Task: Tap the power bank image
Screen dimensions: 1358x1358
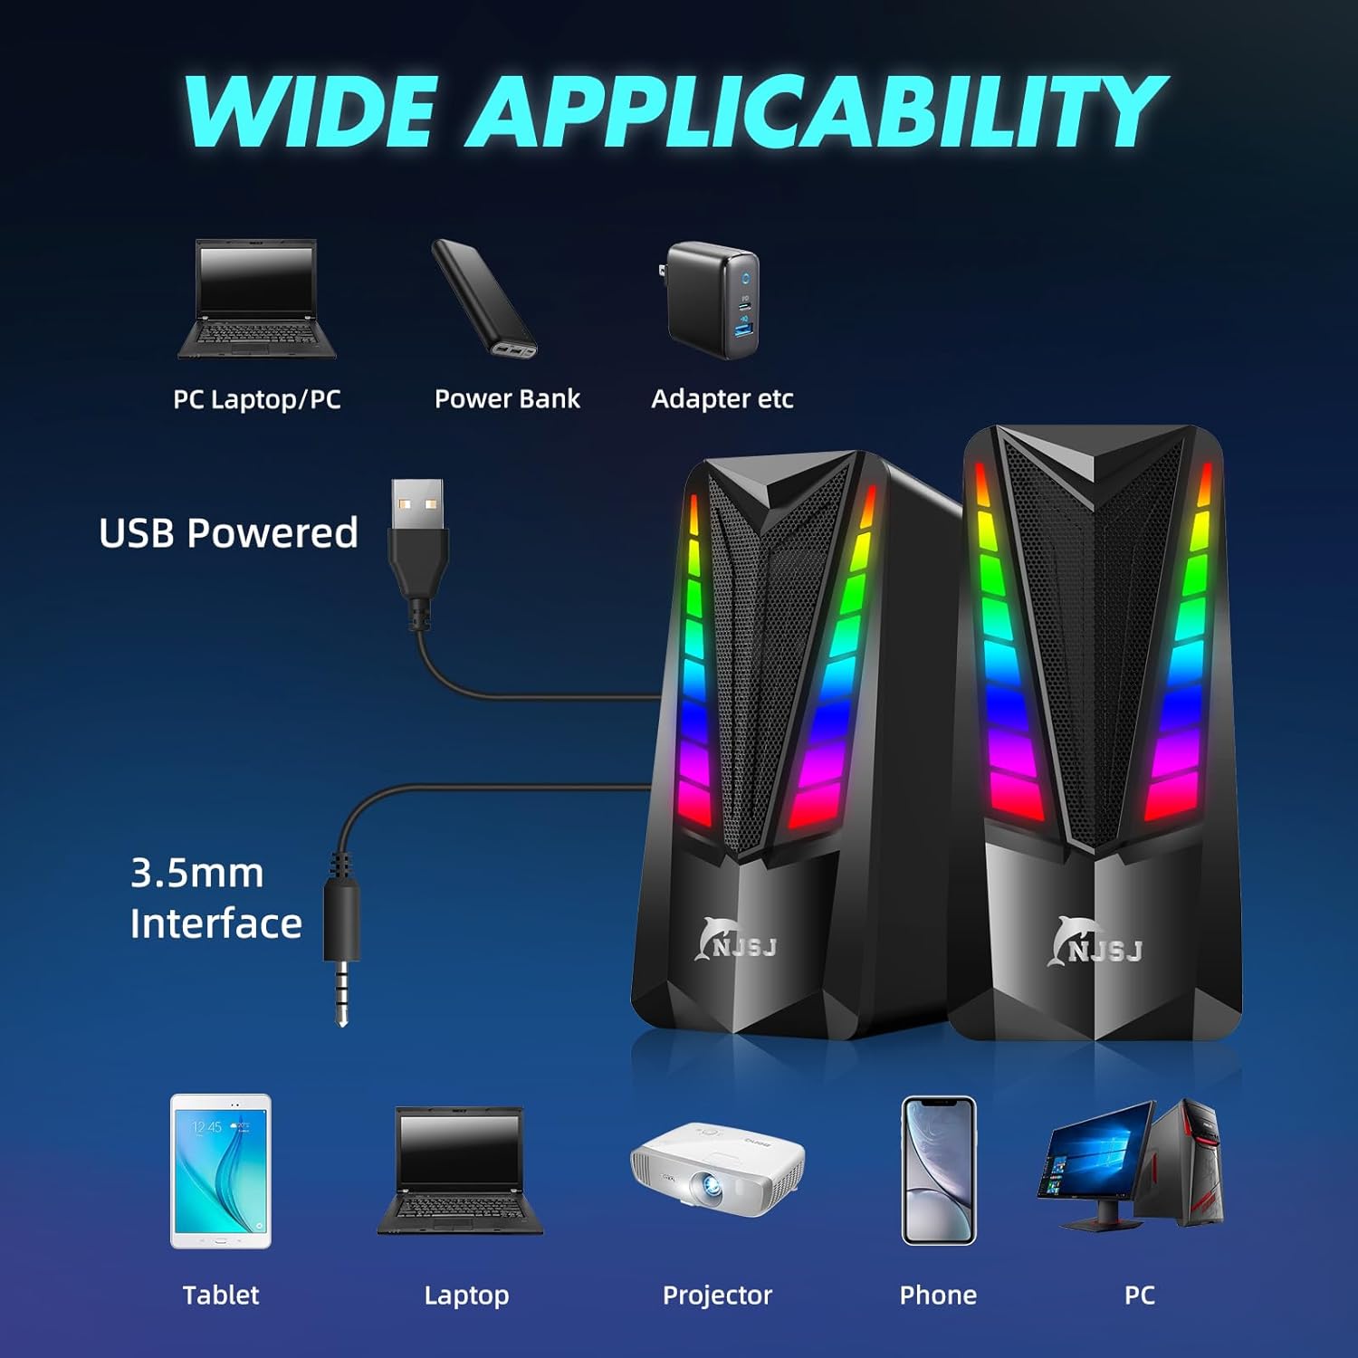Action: tap(484, 299)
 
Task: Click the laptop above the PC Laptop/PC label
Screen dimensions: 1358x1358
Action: tap(257, 299)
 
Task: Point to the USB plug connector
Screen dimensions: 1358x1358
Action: tap(417, 534)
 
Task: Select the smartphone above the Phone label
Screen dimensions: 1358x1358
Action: tap(939, 1170)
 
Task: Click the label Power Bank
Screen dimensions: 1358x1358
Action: tap(507, 398)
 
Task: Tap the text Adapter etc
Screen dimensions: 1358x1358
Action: tap(722, 398)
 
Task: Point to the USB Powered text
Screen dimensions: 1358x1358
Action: tap(228, 533)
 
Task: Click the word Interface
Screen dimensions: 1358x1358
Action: tap(215, 923)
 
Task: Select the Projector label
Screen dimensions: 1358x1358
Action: tap(717, 1295)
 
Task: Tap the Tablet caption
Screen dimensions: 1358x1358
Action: tap(221, 1295)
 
